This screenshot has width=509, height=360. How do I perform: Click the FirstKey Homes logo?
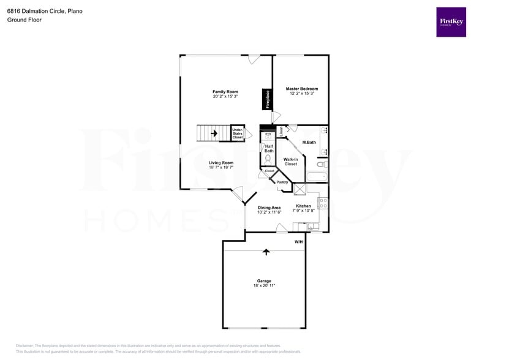(451, 22)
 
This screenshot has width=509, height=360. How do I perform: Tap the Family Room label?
(225, 92)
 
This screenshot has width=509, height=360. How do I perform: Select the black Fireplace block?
(267, 99)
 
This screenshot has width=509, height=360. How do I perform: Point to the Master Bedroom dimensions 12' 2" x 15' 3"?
(302, 94)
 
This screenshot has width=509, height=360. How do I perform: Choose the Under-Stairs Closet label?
(238, 133)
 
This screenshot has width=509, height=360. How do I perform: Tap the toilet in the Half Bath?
(268, 159)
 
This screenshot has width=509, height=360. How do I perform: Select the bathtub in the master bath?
(317, 177)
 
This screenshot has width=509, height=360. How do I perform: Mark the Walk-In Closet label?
(290, 162)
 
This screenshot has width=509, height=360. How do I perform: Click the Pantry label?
(282, 182)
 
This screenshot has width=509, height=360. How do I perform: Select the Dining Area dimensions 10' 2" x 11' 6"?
(269, 212)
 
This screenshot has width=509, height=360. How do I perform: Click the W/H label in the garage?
(298, 242)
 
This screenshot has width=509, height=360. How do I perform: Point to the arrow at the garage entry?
(266, 251)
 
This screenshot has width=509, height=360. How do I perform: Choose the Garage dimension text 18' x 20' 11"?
(264, 286)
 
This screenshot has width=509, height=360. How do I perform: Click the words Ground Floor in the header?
(23, 20)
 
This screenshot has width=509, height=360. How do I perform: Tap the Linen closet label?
(281, 130)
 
